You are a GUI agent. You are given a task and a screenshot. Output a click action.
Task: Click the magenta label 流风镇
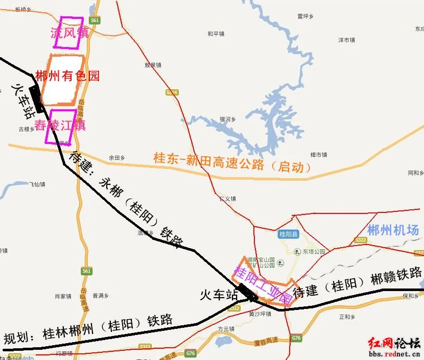(69, 33)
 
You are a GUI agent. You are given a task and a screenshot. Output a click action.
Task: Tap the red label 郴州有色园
(67, 77)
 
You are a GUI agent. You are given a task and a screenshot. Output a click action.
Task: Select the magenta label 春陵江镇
(60, 125)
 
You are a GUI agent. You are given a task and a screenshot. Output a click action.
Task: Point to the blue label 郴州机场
(393, 230)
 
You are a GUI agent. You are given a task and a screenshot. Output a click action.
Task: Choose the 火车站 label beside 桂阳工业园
(219, 295)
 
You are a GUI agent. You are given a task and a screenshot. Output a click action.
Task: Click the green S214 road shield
(172, 92)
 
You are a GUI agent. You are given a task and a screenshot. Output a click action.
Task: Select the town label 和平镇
(216, 34)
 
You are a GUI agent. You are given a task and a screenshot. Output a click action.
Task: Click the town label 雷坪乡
(304, 16)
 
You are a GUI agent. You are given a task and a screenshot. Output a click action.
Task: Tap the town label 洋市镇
(346, 40)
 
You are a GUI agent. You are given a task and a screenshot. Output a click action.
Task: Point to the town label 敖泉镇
(153, 65)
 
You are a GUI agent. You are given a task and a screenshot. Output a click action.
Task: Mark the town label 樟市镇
(318, 154)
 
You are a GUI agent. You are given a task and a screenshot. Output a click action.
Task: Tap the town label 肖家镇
(63, 296)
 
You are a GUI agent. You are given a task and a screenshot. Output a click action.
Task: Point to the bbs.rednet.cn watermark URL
(393, 353)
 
